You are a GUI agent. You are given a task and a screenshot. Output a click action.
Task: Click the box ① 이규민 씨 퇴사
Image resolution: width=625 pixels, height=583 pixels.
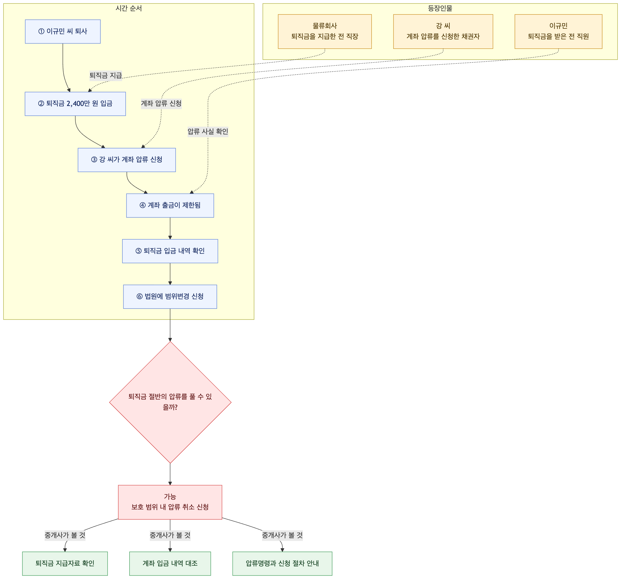[63, 31]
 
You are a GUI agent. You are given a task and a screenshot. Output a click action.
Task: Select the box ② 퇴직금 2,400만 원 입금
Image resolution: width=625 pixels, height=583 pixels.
[75, 104]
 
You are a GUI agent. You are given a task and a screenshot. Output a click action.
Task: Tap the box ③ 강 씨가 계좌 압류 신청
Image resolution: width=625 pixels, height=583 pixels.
[127, 160]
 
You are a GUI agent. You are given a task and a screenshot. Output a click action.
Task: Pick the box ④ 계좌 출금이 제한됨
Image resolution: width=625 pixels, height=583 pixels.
[170, 206]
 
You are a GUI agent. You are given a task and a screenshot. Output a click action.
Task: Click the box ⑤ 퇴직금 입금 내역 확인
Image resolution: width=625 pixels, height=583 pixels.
[170, 251]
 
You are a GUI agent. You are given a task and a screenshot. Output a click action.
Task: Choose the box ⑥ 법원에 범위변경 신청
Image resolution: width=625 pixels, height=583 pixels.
[170, 296]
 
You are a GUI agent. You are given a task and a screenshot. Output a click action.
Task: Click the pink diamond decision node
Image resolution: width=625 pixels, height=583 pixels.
[170, 402]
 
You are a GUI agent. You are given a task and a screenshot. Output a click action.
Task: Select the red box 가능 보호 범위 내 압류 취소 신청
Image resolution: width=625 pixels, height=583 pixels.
[170, 502]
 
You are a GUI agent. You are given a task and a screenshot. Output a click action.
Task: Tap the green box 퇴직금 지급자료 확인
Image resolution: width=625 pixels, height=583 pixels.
[65, 563]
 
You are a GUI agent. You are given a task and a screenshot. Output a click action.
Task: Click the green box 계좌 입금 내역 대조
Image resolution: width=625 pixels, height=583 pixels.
[170, 563]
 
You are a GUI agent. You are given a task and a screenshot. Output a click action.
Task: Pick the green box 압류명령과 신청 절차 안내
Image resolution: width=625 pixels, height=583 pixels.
[282, 563]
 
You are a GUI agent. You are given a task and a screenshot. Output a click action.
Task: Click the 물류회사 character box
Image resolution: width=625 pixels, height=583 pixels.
[325, 31]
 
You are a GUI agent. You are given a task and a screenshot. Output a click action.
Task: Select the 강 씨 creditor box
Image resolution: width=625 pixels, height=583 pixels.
[443, 31]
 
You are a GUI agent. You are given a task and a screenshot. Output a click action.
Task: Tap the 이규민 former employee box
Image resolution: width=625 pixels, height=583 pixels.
[558, 31]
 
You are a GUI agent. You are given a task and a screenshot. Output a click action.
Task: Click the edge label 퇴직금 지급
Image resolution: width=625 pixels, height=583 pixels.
[106, 75]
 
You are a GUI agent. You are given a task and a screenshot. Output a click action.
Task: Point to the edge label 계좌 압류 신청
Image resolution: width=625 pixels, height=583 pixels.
[161, 103]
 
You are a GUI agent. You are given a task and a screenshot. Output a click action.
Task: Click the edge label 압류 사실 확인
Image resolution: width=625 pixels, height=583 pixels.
[208, 131]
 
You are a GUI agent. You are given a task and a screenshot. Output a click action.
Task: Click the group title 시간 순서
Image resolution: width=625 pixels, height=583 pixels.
[129, 8]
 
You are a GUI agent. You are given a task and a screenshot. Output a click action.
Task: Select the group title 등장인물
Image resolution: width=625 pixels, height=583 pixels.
[440, 8]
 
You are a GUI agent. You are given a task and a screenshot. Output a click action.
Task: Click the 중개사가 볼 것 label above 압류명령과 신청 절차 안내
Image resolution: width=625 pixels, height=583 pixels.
[282, 535]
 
